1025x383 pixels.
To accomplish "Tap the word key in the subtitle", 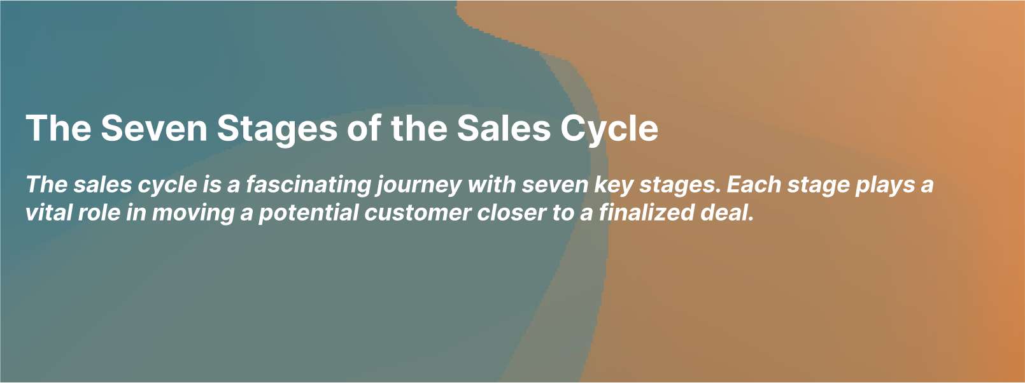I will tap(614, 184).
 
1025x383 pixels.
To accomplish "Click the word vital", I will tap(48, 212).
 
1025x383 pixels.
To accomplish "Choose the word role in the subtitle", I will tap(99, 212).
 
